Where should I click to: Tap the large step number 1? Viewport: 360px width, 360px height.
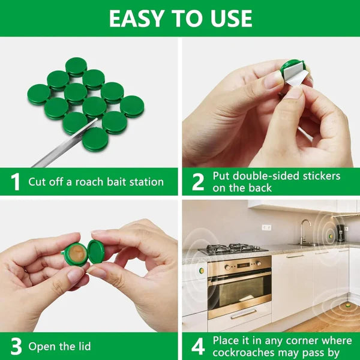[x=16, y=182]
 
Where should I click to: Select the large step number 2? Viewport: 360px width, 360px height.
[x=197, y=182]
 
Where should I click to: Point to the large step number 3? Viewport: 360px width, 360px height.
[x=16, y=347]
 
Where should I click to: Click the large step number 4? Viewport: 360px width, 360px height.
[x=197, y=347]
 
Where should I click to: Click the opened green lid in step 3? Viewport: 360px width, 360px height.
[x=96, y=251]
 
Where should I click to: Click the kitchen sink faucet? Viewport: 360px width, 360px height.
[x=304, y=230]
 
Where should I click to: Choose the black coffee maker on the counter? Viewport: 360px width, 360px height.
[x=340, y=233]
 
